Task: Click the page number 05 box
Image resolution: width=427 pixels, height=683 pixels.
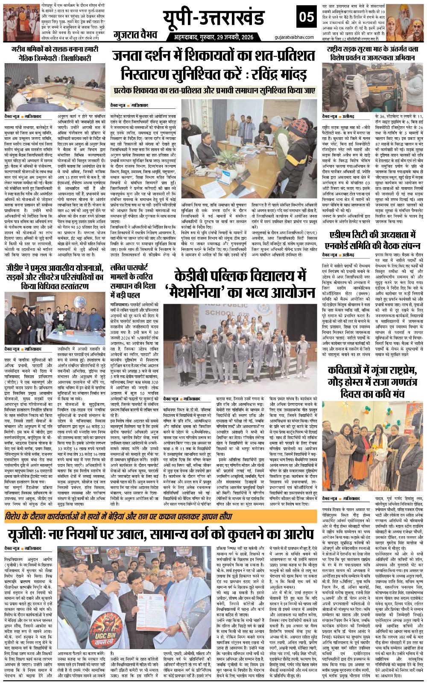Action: click(306, 17)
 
